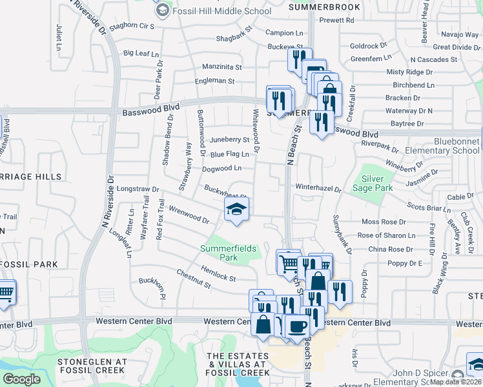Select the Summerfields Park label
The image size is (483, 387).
[228, 253]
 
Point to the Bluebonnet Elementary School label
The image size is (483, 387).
[447, 146]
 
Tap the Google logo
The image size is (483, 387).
[21, 379]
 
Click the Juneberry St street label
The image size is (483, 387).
[229, 139]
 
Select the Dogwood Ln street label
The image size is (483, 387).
[221, 168]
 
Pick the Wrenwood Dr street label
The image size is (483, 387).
[189, 215]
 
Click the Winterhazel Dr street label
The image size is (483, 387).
[318, 188]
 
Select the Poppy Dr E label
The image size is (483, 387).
[404, 263]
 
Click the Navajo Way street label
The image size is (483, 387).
[460, 34]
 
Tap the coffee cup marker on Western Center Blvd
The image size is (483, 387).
[297, 328]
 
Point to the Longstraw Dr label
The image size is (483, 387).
[139, 189]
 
